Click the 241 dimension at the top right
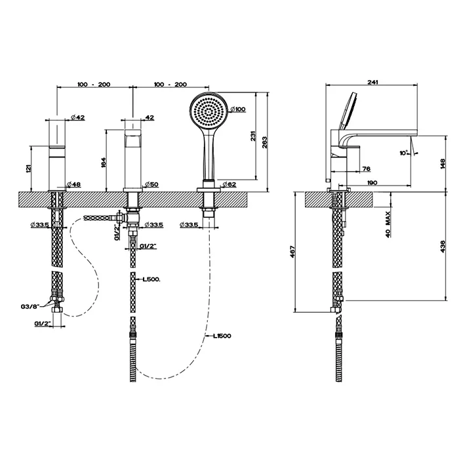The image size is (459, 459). tap(373, 83)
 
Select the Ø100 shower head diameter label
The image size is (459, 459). tap(237, 109)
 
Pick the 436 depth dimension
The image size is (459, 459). tap(444, 246)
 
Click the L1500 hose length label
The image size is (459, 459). tap(222, 336)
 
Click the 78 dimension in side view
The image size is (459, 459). tap(367, 169)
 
